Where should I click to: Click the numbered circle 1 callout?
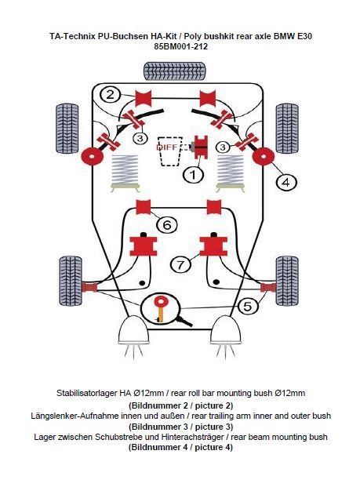[x=193, y=175]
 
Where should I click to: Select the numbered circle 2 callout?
[x=111, y=94]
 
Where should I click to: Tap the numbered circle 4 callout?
[x=286, y=182]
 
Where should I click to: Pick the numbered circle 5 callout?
[x=248, y=307]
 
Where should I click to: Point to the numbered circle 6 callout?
[x=167, y=224]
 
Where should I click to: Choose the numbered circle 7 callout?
[x=180, y=265]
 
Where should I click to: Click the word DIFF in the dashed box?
[x=167, y=147]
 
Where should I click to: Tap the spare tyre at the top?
[x=175, y=71]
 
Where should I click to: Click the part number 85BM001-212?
[x=180, y=47]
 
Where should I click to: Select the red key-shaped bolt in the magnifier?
[x=160, y=308]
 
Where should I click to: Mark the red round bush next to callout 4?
[x=264, y=156]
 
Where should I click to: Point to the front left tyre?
[x=71, y=281]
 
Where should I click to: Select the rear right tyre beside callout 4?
[x=287, y=129]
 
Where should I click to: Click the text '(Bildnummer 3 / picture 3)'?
[x=180, y=427]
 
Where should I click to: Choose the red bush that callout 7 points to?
[x=213, y=246]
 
